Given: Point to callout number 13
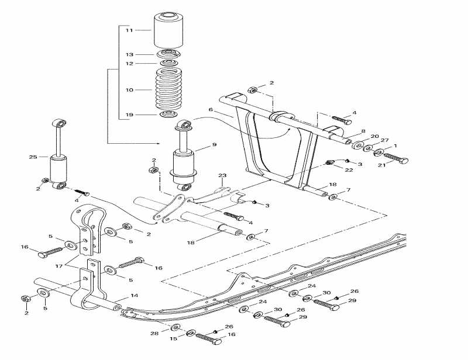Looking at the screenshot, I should point(129,54).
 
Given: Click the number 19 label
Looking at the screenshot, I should point(129,115).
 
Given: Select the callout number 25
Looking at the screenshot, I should point(33,157).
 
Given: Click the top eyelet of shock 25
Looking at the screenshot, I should point(60,123).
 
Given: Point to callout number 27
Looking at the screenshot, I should point(384,140).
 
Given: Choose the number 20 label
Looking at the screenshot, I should point(375,136).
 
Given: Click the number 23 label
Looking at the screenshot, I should point(222,175).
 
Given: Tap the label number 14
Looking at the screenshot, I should point(134,296).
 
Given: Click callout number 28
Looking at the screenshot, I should point(154,333).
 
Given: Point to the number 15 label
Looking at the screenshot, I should point(174,339).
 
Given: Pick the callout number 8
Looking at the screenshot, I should point(363,131).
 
